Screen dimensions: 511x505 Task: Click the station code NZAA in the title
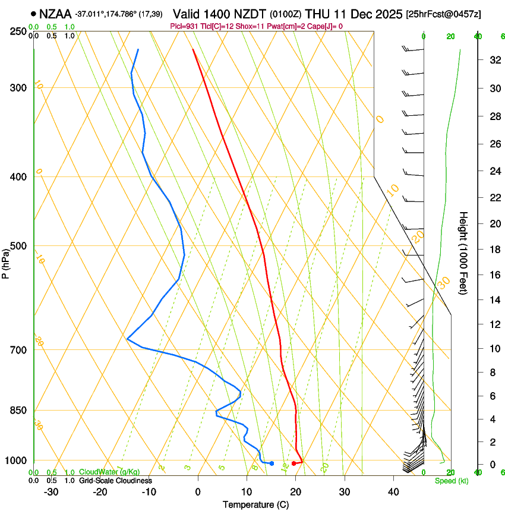(55, 14)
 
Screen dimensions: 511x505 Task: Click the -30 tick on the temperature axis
(51, 491)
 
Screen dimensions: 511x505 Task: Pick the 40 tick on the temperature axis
(393, 491)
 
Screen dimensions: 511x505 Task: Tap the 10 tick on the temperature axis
(247, 491)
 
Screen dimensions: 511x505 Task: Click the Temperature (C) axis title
(255, 504)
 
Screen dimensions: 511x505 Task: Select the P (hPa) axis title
(5, 261)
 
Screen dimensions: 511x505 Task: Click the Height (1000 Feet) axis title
(463, 253)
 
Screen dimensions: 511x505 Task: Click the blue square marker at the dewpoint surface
(272, 463)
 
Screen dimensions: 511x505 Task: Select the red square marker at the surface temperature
(293, 463)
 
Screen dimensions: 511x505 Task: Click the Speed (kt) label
(451, 481)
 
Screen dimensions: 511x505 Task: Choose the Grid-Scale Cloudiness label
(115, 481)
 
